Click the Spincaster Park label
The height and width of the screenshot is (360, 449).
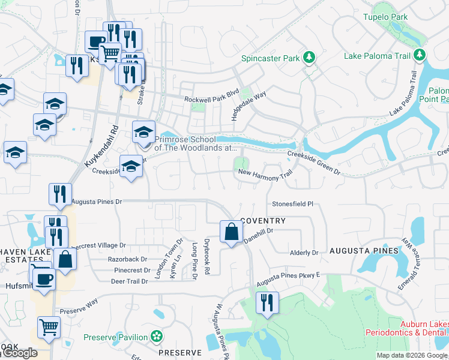click(x=270, y=59)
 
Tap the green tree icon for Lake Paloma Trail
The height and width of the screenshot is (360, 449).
click(x=420, y=56)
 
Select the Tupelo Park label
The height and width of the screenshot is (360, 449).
click(x=385, y=17)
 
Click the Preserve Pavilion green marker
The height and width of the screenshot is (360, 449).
click(x=157, y=337)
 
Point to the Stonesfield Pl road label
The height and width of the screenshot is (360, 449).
click(x=293, y=204)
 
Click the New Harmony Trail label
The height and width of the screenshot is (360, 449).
click(x=265, y=173)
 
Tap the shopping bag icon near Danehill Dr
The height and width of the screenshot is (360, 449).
click(x=231, y=232)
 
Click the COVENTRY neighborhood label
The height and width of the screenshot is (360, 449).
click(x=263, y=221)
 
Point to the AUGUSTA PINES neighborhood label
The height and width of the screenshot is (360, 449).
click(x=363, y=250)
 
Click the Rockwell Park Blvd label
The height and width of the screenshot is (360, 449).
click(x=211, y=99)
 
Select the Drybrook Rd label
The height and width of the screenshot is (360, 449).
click(x=206, y=259)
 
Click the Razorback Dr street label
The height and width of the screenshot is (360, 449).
click(x=127, y=259)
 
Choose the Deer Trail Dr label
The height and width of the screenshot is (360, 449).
click(x=129, y=281)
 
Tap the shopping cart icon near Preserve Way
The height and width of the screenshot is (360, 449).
click(x=49, y=328)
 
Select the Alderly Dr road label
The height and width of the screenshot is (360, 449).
click(x=304, y=253)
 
